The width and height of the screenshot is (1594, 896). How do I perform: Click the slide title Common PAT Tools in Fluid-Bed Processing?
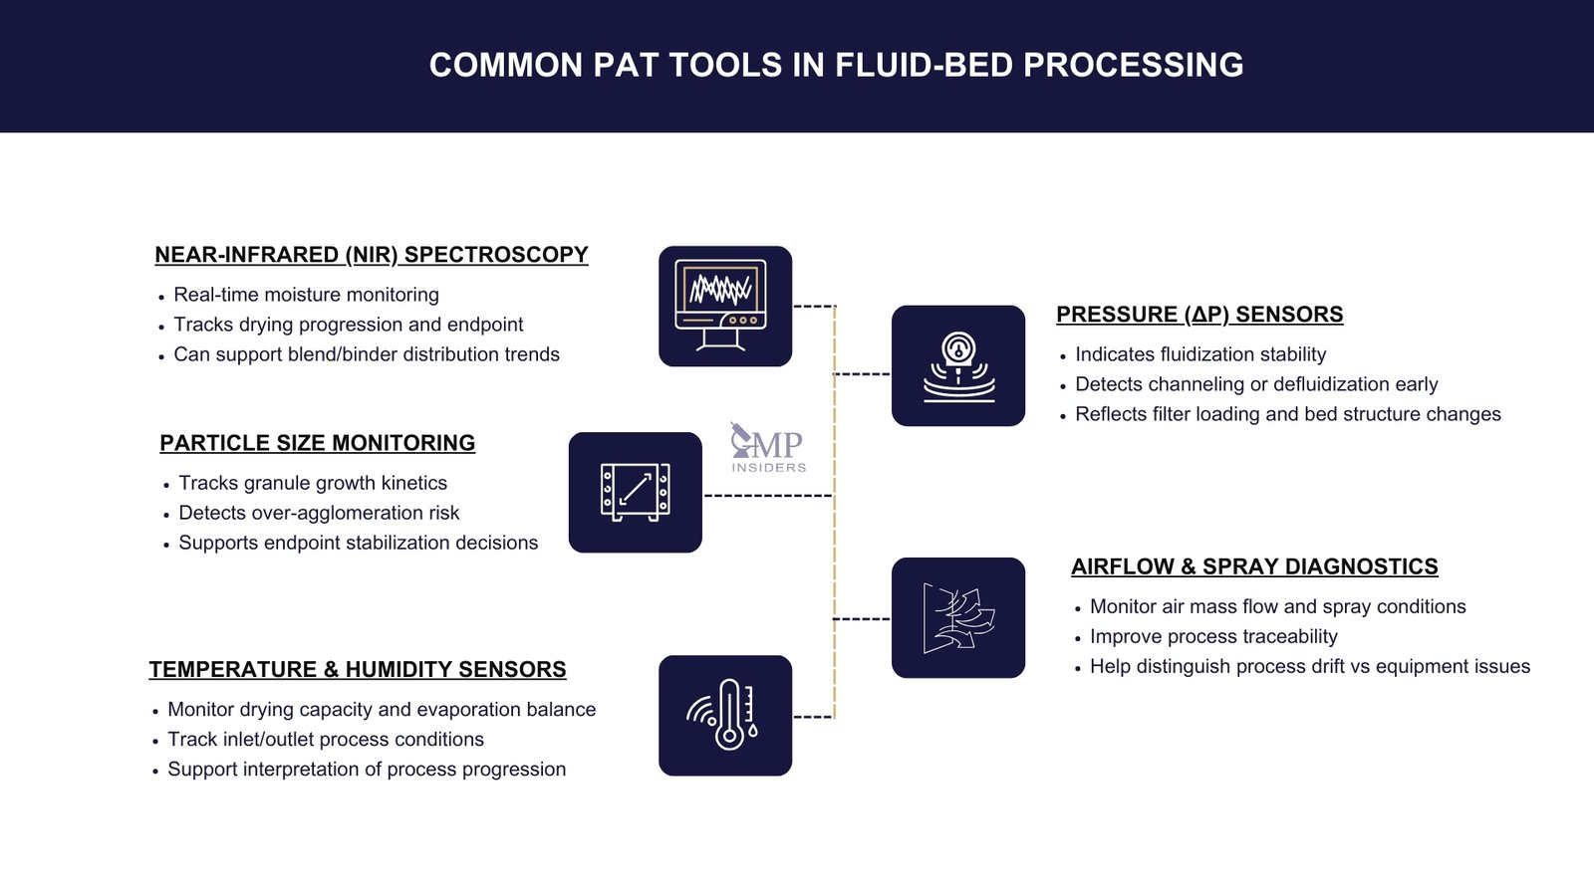(x=836, y=66)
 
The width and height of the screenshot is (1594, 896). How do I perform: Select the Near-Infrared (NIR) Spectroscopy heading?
(x=371, y=255)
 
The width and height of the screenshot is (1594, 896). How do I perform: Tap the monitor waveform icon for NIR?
(x=725, y=307)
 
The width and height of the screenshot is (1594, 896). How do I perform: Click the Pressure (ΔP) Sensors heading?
(x=1199, y=315)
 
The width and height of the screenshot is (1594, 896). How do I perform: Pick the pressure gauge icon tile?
(x=958, y=366)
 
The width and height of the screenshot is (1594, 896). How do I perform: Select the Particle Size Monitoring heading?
(x=317, y=443)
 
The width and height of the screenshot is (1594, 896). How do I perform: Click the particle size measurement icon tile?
(x=636, y=493)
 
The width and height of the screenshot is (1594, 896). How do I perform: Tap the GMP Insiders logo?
(x=767, y=447)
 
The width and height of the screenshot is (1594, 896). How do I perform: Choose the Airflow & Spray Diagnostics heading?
(x=1254, y=566)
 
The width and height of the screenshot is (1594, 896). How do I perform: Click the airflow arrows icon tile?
(x=958, y=618)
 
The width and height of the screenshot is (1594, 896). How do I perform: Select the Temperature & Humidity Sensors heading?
(x=358, y=670)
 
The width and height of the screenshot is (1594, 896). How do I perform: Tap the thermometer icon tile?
(x=725, y=716)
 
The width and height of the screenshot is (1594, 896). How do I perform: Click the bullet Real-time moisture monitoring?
(x=306, y=295)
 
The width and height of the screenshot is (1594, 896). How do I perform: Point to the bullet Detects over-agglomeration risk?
(x=319, y=513)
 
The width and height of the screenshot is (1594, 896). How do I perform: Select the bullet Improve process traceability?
(x=1213, y=636)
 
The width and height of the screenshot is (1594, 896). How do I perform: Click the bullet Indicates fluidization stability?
(x=1200, y=354)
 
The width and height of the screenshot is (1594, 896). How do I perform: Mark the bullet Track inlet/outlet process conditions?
(x=326, y=740)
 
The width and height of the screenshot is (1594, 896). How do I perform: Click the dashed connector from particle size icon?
(x=767, y=495)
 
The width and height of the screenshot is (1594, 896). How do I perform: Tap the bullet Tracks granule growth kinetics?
(x=313, y=483)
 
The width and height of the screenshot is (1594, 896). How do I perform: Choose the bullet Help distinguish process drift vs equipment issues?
(x=1309, y=666)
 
